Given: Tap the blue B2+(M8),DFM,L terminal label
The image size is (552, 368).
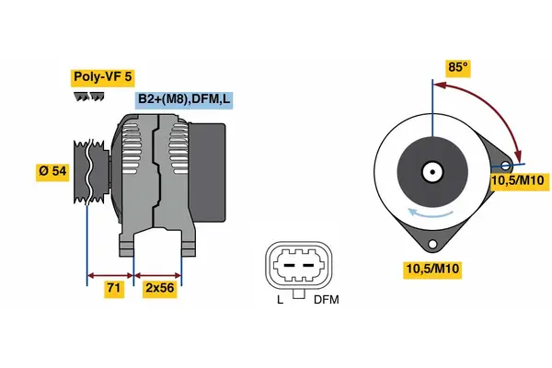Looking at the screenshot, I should (x=182, y=99).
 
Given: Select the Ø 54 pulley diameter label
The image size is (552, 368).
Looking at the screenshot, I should (x=53, y=171).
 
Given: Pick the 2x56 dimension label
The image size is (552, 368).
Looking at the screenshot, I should (x=159, y=288).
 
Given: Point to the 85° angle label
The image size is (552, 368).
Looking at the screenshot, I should (x=457, y=67).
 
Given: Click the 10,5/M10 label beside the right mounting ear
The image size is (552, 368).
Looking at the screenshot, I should (x=520, y=182).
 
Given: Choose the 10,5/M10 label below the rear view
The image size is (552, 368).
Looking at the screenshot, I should (x=433, y=269).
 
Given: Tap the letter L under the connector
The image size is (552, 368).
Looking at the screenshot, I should (x=280, y=300).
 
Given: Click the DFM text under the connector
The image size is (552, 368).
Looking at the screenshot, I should (x=327, y=300).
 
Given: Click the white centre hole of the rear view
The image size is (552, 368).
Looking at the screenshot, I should (x=431, y=171).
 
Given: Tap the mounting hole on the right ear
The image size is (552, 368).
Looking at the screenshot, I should (x=505, y=166).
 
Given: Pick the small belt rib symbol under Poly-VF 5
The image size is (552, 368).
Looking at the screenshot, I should (x=84, y=95).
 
